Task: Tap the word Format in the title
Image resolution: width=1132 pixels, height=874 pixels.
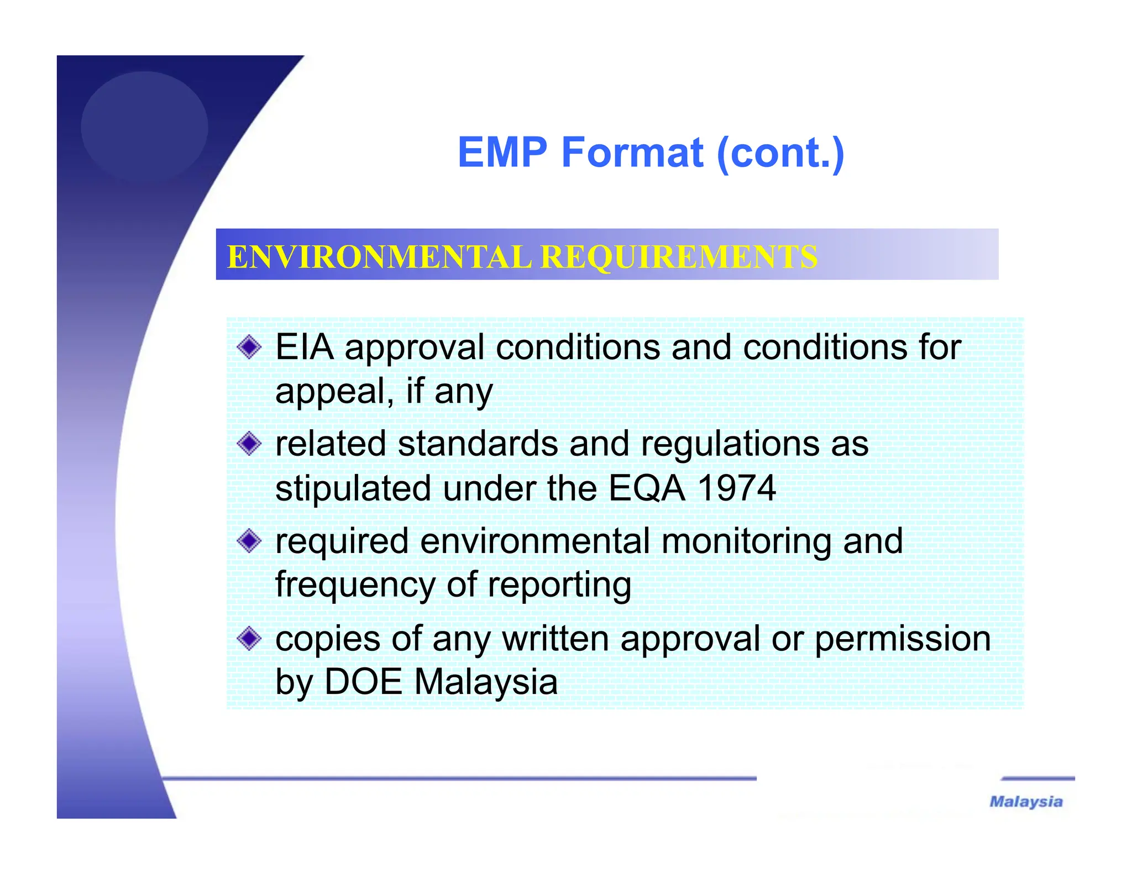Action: pyautogui.click(x=632, y=152)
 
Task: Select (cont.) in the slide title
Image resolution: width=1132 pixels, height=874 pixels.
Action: pyautogui.click(x=780, y=154)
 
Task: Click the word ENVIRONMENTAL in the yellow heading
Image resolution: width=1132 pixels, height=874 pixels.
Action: pyautogui.click(x=379, y=257)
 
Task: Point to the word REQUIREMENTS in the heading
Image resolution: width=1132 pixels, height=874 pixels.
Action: pyautogui.click(x=678, y=257)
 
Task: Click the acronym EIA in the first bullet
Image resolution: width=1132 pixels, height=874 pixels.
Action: pyautogui.click(x=304, y=348)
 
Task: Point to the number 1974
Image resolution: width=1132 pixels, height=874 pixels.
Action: pyautogui.click(x=736, y=488)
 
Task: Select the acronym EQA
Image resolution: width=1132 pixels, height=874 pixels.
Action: pyautogui.click(x=646, y=488)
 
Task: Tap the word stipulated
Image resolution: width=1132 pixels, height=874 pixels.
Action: pyautogui.click(x=353, y=488)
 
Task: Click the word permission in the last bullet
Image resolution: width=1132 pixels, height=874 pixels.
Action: pyautogui.click(x=902, y=639)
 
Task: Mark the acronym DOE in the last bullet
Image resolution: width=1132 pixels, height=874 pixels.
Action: pyautogui.click(x=363, y=682)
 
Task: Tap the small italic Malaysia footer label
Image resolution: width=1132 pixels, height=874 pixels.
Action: pyautogui.click(x=1026, y=802)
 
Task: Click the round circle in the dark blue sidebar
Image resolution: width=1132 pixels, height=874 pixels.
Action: pyautogui.click(x=144, y=127)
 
